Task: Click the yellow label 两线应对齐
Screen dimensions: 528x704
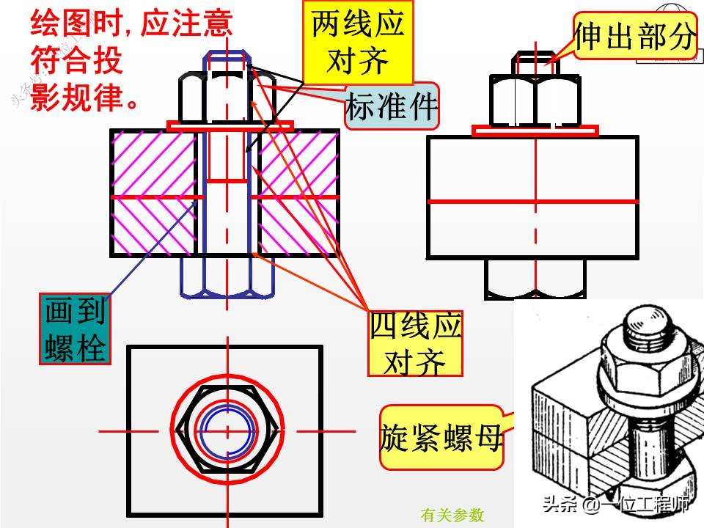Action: coord(358,42)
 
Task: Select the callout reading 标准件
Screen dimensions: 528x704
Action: coord(392,107)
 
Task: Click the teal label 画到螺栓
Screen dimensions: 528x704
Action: coord(75,329)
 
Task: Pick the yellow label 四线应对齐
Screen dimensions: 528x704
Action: coord(416,343)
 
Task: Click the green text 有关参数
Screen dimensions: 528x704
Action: coord(452,515)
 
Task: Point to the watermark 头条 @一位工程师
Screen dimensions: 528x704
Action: coord(615,505)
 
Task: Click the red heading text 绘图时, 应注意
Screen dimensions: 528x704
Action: coord(131,25)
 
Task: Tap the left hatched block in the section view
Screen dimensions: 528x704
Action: coord(153,192)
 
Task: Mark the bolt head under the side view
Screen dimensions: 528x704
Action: coord(535,279)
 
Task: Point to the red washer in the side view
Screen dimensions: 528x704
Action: coord(535,131)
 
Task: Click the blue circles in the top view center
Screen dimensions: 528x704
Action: coord(229,428)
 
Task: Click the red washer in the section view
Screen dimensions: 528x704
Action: coord(230,126)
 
